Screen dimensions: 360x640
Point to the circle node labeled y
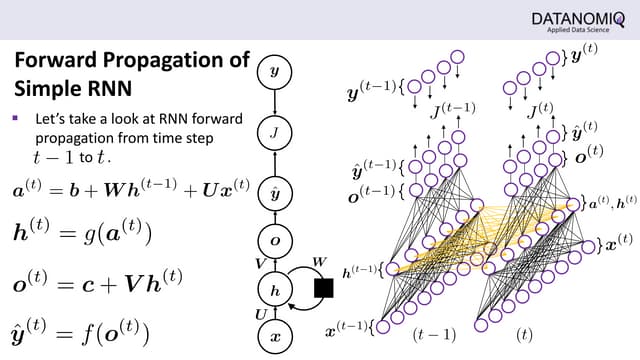click(x=275, y=72)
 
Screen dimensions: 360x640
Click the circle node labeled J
click(x=275, y=131)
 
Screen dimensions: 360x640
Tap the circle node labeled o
click(x=275, y=241)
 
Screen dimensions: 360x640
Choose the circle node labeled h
click(x=275, y=288)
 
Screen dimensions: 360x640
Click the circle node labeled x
click(x=275, y=337)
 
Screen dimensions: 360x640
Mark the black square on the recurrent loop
click(x=323, y=289)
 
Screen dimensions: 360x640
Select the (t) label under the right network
click(x=524, y=334)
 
